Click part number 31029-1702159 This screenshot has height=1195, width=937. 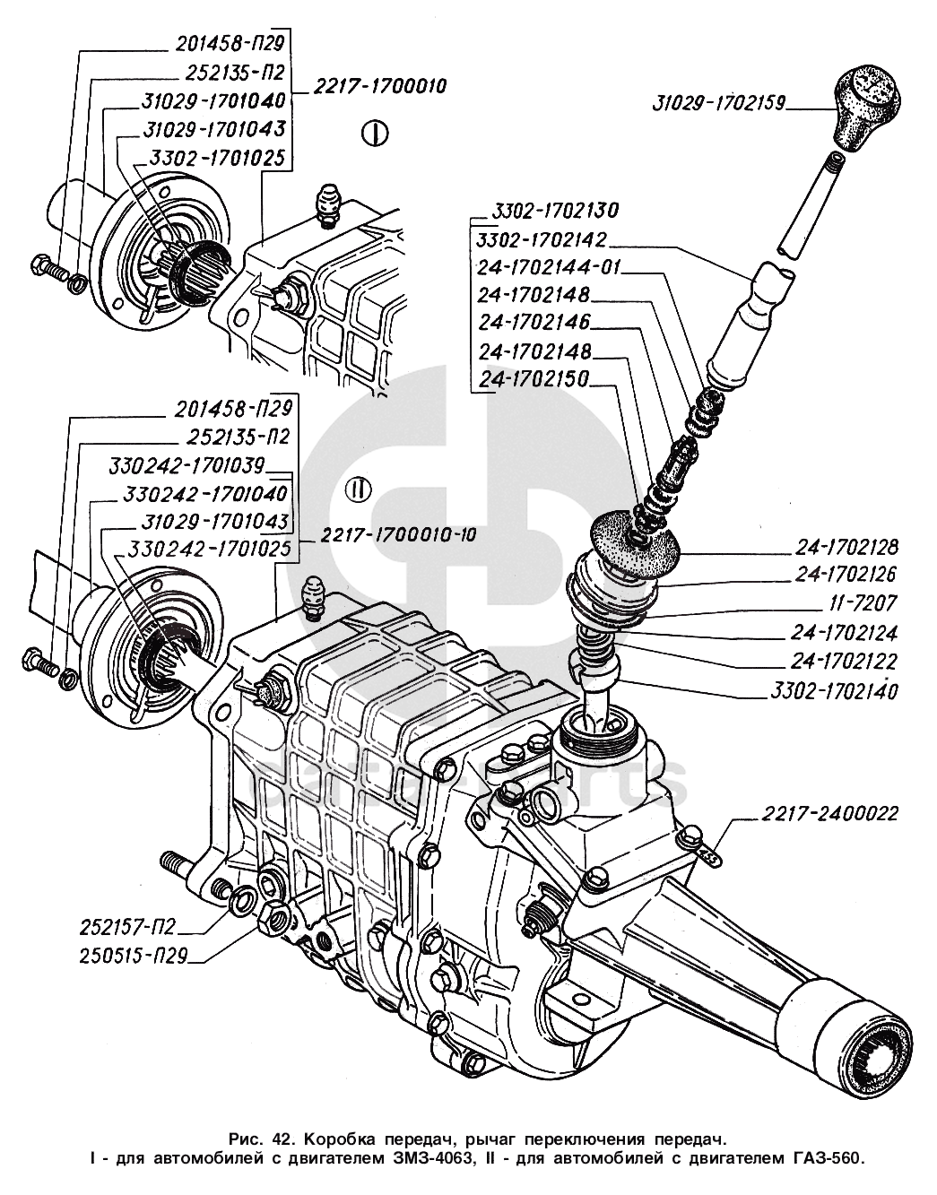(x=719, y=104)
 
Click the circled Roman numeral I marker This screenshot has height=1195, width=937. (x=375, y=134)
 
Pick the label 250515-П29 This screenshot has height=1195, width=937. (x=133, y=956)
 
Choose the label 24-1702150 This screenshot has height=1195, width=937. (x=534, y=379)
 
